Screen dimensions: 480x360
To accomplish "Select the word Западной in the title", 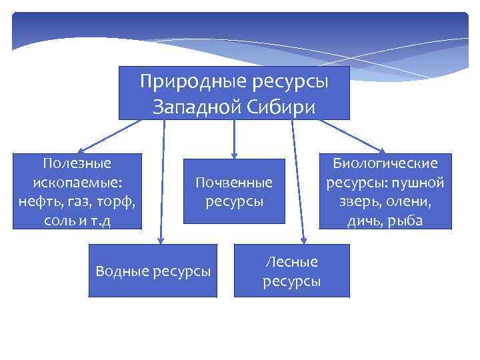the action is tap(199, 107).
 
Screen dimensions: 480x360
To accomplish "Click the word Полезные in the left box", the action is tap(77, 163).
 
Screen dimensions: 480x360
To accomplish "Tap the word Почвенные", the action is tap(234, 182).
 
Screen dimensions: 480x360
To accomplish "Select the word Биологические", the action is tap(385, 163).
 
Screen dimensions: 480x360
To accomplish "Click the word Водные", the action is tap(123, 271).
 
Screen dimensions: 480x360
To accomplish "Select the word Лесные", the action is tap(291, 262).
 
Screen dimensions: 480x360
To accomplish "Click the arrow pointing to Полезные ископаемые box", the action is tap(107, 137).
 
